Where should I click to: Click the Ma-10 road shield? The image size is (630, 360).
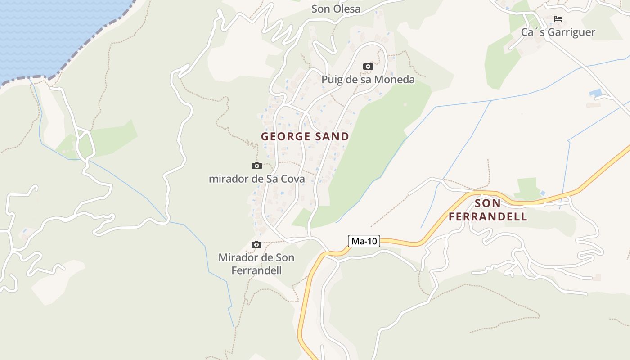[x=364, y=241]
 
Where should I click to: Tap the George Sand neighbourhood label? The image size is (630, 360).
[x=305, y=136]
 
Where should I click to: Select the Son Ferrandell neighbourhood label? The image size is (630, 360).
[x=488, y=210]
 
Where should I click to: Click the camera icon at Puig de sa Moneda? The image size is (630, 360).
[x=368, y=67]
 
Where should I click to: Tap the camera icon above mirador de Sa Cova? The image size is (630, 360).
[x=256, y=166]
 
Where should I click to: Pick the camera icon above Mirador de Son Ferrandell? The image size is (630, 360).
[x=256, y=245]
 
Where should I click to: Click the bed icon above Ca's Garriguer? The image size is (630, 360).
[x=558, y=19]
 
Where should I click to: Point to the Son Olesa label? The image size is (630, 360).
[x=336, y=9]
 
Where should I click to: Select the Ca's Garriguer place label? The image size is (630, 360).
[x=558, y=32]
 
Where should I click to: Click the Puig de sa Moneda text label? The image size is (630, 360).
[x=368, y=80]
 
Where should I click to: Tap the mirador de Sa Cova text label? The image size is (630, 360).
[x=256, y=179]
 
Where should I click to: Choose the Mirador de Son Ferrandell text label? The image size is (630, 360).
[x=256, y=264]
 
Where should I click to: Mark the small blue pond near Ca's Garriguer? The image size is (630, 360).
[x=596, y=94]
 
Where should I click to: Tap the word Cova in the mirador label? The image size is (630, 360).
[x=292, y=179]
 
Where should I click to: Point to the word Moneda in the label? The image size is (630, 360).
[x=396, y=80]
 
